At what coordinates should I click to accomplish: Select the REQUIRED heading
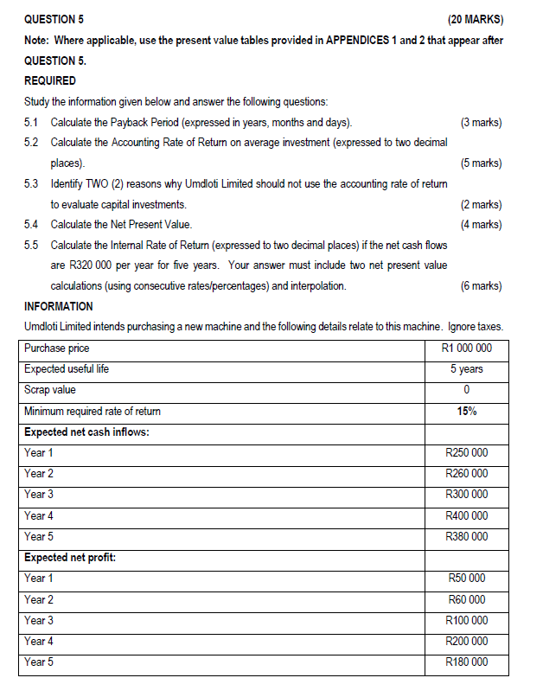click(50, 81)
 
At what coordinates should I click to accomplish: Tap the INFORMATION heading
click(59, 306)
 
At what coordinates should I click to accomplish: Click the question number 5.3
click(32, 184)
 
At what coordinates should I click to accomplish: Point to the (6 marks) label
click(481, 286)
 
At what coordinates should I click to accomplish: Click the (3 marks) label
click(481, 122)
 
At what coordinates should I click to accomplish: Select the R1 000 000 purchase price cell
click(466, 348)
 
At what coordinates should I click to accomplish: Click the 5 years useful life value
click(466, 369)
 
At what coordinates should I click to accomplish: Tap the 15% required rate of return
click(466, 411)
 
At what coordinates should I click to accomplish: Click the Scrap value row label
click(50, 390)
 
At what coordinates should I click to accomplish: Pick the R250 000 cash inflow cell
click(466, 453)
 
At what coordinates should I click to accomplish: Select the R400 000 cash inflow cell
click(466, 515)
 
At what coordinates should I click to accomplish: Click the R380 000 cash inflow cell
click(466, 536)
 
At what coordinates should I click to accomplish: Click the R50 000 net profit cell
click(466, 579)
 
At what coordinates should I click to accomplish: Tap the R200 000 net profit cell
click(466, 641)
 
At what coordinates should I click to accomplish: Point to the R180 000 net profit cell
click(466, 662)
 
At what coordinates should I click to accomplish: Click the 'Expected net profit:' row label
click(70, 558)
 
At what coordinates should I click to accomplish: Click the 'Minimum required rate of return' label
click(93, 411)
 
